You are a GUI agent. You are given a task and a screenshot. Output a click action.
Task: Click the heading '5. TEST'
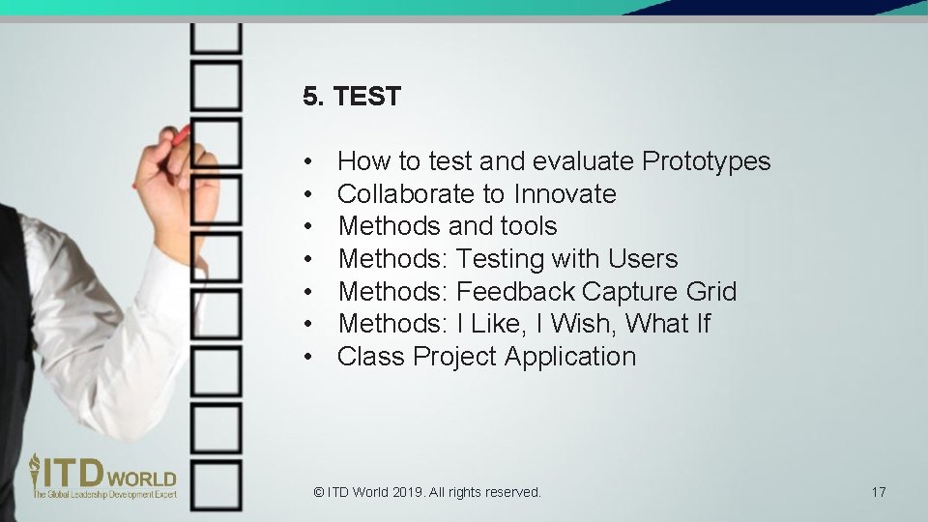coord(351,97)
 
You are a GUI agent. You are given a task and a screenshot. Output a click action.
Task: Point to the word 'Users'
coord(643,259)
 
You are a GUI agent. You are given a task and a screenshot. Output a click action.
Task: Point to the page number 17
coord(878,492)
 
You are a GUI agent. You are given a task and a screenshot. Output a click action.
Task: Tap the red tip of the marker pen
coord(181,132)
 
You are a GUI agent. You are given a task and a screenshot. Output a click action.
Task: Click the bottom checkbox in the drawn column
coord(216,484)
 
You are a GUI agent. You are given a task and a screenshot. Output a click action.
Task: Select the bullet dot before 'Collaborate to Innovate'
coord(306,194)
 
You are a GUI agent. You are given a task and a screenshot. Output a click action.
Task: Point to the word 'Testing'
coord(500,259)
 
